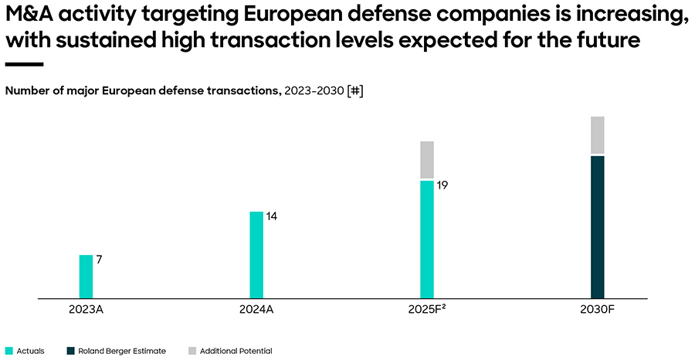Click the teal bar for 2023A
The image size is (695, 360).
(x=86, y=277)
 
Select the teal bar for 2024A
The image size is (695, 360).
(x=256, y=254)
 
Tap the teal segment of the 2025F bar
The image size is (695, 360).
(x=427, y=239)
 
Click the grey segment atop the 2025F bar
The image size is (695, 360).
(x=427, y=160)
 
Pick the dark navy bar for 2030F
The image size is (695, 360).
(x=597, y=226)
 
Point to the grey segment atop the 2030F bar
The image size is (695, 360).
(x=597, y=135)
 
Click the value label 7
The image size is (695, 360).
(x=99, y=260)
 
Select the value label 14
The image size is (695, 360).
(x=271, y=216)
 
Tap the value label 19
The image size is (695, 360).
(x=442, y=185)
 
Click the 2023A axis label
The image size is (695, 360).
(x=86, y=310)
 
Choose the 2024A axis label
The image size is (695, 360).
(x=256, y=310)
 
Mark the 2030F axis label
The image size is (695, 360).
(x=597, y=310)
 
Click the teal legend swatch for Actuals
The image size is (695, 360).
(x=9, y=351)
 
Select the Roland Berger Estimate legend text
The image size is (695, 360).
(x=122, y=351)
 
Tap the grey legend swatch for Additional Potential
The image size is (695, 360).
(x=192, y=351)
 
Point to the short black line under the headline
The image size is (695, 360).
(x=24, y=64)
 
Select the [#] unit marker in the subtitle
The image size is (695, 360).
(x=355, y=90)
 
